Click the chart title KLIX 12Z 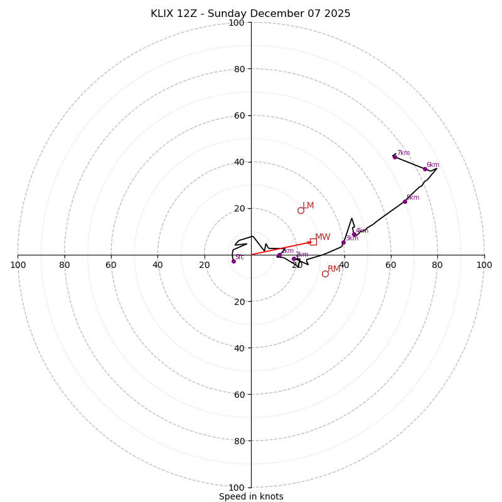click(x=250, y=14)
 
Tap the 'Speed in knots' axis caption click(x=251, y=496)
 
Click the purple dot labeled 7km click(x=395, y=157)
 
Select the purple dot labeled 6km click(x=425, y=169)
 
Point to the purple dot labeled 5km click(x=405, y=201)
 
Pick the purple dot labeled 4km click(x=354, y=235)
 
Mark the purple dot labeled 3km click(x=343, y=242)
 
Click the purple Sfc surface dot click(x=233, y=261)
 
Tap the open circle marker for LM click(x=301, y=210)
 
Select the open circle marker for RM click(x=325, y=274)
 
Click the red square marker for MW click(x=313, y=242)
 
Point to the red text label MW click(x=323, y=237)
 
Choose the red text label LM click(x=308, y=206)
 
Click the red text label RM click(x=334, y=269)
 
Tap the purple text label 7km click(x=403, y=153)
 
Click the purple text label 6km click(x=433, y=165)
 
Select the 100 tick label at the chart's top click(x=237, y=23)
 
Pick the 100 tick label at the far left click(x=18, y=265)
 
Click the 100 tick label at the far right click(x=484, y=265)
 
